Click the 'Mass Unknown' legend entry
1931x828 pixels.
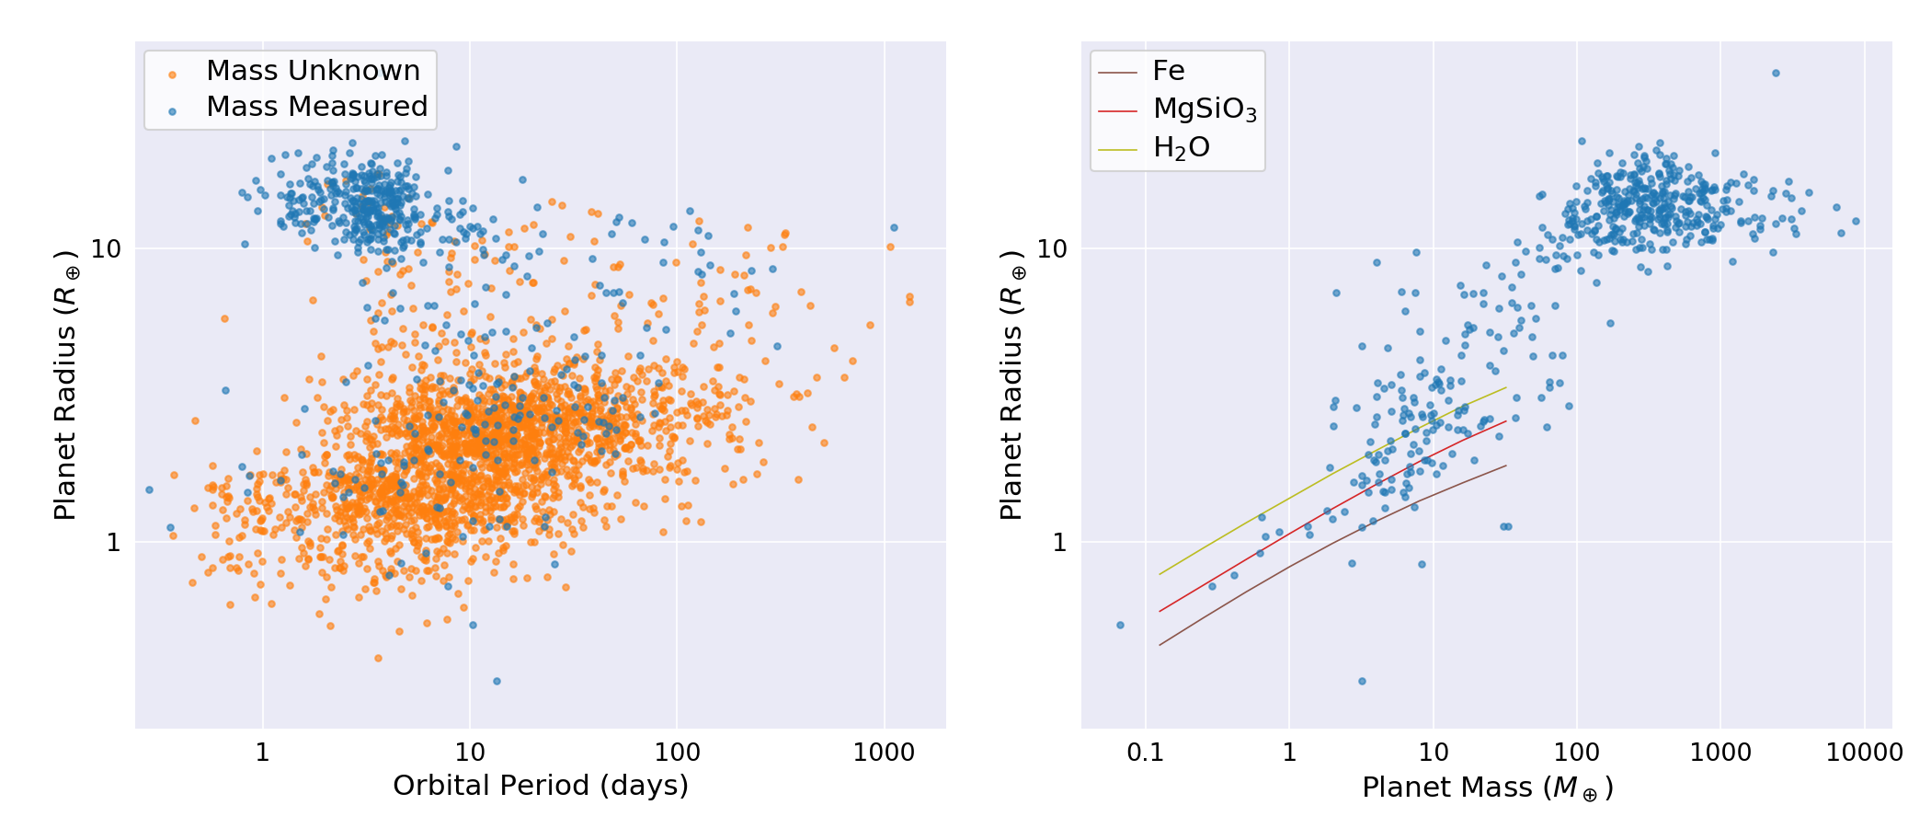click(x=313, y=71)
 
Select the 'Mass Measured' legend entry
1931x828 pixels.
click(x=316, y=107)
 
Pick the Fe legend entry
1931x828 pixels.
click(x=1168, y=71)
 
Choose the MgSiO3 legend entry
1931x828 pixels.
click(x=1204, y=109)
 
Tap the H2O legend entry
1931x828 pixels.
click(x=1181, y=148)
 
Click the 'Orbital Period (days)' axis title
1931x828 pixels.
click(x=541, y=786)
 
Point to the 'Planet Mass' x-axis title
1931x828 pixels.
click(x=1487, y=788)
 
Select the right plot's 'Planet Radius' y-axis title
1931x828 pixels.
click(x=1012, y=385)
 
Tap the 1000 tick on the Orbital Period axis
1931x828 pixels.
click(x=884, y=753)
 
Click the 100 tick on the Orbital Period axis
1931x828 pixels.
click(x=677, y=753)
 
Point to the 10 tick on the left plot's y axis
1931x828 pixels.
click(x=107, y=249)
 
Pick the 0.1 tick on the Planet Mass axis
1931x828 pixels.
click(x=1145, y=753)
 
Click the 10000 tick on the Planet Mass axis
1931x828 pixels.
click(x=1864, y=753)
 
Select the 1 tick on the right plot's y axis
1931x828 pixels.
click(x=1058, y=543)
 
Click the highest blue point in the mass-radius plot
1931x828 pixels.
click(x=1776, y=74)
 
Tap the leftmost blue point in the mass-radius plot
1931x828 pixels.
click(x=1120, y=626)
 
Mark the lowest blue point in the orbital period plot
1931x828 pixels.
click(x=497, y=682)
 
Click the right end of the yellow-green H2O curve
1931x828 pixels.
click(x=1506, y=387)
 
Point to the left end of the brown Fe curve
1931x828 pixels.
click(x=1160, y=645)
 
